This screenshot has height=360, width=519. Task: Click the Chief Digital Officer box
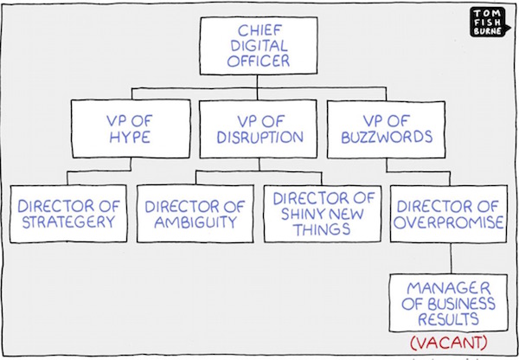point(259,46)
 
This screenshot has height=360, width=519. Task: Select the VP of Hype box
point(131,128)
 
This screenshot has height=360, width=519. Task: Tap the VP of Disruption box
point(258,129)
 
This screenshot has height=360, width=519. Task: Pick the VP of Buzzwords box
point(386,130)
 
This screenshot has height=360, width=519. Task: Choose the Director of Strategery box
point(68,214)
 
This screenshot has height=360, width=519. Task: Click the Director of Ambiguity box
point(195,214)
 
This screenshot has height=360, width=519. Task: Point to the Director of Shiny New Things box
point(323,214)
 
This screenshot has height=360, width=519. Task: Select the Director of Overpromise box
point(448,214)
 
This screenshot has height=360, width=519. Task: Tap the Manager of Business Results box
point(448,303)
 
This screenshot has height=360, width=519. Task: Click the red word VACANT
point(449,343)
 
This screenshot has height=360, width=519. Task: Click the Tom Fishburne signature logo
point(486,22)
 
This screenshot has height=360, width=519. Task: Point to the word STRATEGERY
point(68,222)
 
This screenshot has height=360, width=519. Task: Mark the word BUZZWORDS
point(387,137)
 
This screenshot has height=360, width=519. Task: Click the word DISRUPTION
point(259,137)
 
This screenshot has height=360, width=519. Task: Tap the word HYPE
point(130,137)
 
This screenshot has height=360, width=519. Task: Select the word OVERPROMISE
point(448,222)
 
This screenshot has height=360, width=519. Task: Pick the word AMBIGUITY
point(195,222)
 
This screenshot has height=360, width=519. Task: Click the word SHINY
point(300,214)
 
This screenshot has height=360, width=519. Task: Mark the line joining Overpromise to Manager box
point(451,259)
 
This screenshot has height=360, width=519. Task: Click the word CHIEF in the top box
point(259,31)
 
